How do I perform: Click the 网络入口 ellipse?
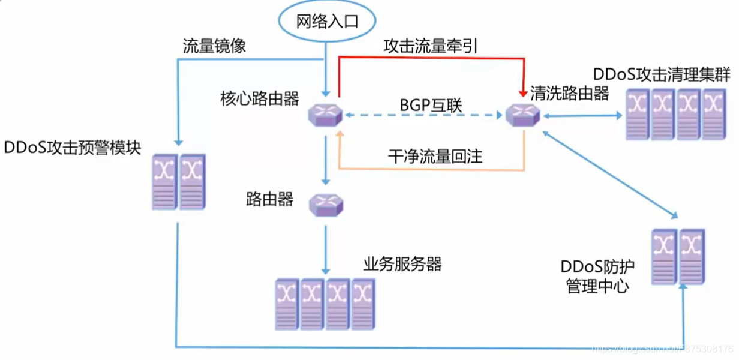point(327,22)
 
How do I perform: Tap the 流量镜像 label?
point(214,47)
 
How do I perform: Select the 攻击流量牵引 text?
point(430,46)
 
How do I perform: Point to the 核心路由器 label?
point(260,98)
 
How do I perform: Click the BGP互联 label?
point(431,104)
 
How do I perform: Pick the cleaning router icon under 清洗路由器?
point(523,114)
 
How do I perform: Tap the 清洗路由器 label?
point(569,94)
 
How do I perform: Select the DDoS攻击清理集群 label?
point(662,75)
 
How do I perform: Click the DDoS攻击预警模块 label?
point(72,148)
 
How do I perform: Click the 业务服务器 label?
point(402,263)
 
